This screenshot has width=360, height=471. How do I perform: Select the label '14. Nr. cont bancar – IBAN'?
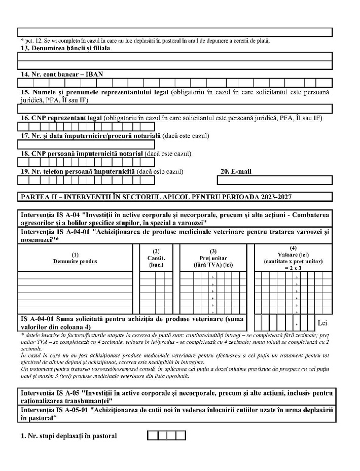60,74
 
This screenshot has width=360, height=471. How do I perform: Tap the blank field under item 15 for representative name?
175,108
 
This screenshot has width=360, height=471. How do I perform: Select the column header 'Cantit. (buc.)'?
156,258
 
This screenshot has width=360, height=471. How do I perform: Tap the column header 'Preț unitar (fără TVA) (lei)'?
213,258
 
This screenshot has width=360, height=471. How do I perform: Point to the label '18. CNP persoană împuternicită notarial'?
80,153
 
